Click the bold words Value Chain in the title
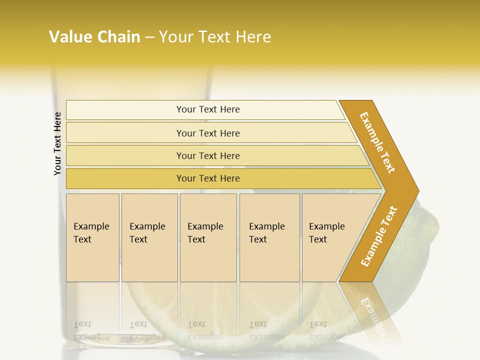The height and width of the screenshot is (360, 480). tap(94, 37)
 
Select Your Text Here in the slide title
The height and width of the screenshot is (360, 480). tap(215, 37)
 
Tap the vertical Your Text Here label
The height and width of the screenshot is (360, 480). tap(57, 143)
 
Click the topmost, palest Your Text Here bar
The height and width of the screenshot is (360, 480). tap(207, 109)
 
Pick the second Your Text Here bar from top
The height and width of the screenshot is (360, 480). tap(207, 133)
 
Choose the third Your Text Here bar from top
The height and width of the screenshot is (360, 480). tap(207, 155)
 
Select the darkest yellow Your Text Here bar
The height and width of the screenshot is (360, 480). tap(207, 178)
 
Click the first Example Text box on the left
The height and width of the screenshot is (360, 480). tap(92, 237)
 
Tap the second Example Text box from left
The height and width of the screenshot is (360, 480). tap(149, 237)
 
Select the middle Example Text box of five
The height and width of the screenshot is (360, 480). tap(207, 237)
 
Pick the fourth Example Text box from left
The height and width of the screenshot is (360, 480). tap(269, 237)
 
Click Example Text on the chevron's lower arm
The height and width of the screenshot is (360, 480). tap(379, 236)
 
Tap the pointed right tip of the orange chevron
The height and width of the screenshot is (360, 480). tap(416, 190)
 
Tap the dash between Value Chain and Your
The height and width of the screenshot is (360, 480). tap(149, 37)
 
